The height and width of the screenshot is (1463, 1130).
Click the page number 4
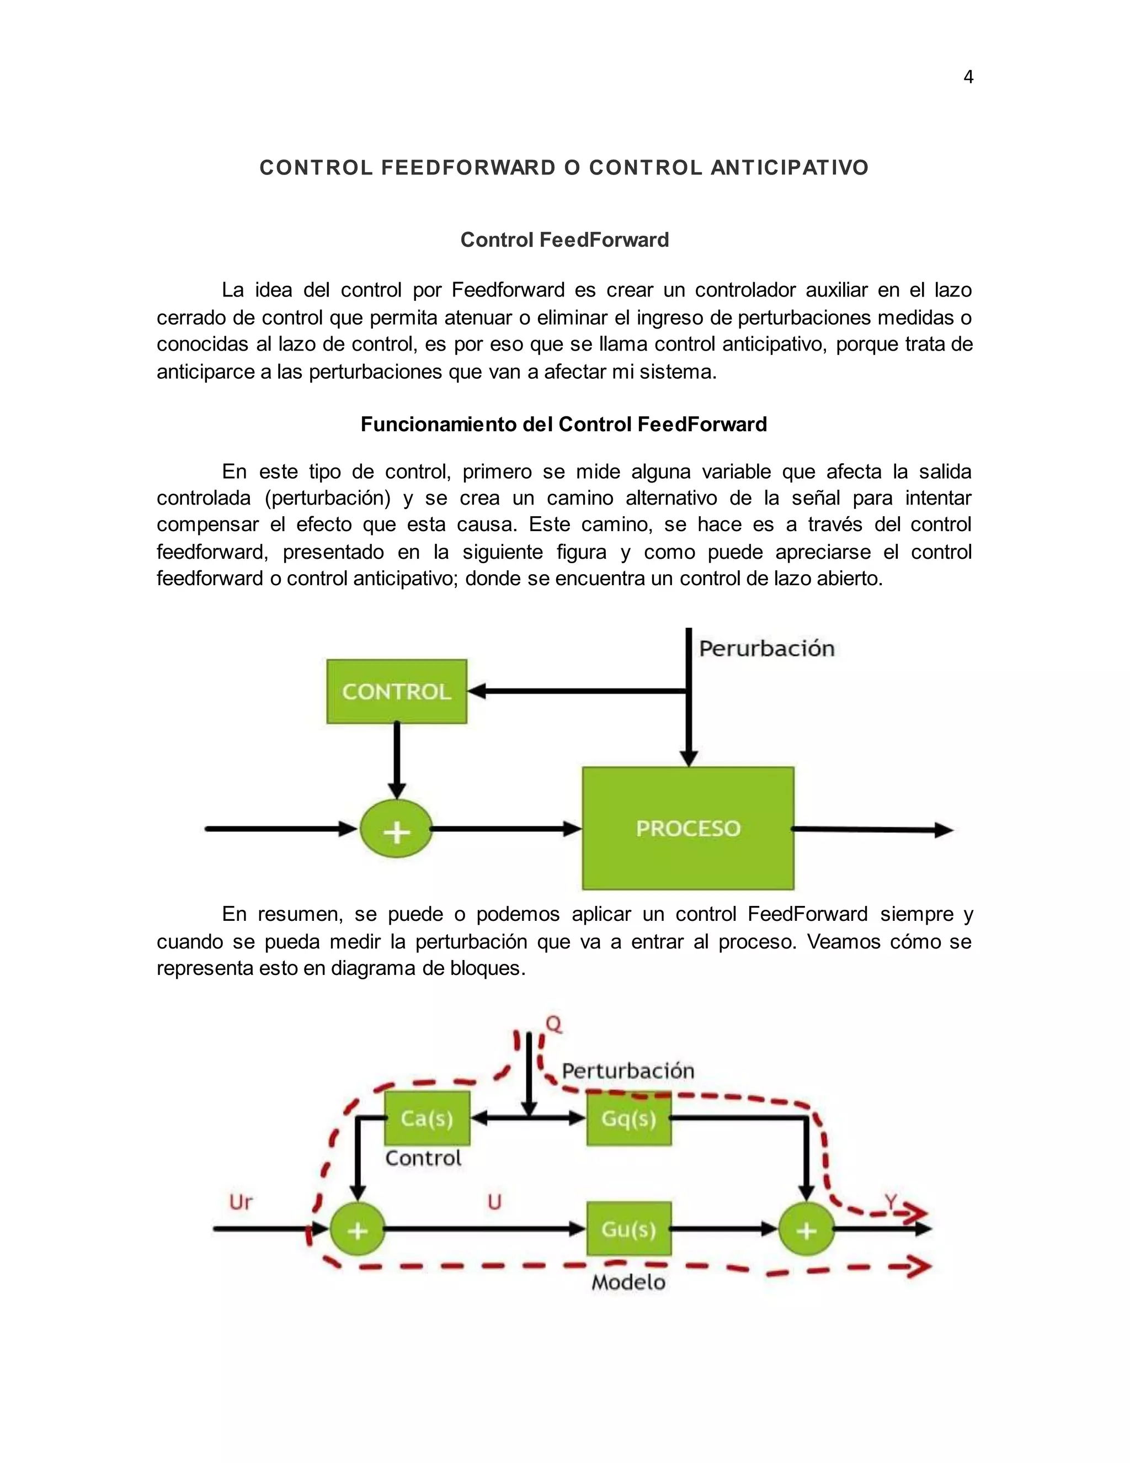(x=968, y=78)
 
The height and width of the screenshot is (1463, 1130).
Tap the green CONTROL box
(x=396, y=691)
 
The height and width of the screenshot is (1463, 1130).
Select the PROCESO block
(x=688, y=829)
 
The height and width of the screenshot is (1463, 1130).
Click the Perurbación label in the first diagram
(x=766, y=649)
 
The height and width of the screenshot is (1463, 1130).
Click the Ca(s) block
(x=427, y=1119)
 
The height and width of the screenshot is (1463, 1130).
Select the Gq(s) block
(x=628, y=1119)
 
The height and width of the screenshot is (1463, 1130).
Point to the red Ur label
(x=241, y=1202)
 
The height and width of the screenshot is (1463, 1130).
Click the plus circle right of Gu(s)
(x=807, y=1230)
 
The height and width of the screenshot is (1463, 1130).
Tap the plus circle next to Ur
(x=358, y=1230)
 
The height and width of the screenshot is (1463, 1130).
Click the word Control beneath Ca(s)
(x=423, y=1158)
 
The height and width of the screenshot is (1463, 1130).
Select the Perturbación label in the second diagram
(x=628, y=1070)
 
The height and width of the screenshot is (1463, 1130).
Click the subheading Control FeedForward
(x=564, y=240)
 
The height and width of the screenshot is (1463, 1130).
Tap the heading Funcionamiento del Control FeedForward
(x=564, y=424)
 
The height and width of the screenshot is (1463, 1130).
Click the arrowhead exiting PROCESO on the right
(x=944, y=830)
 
